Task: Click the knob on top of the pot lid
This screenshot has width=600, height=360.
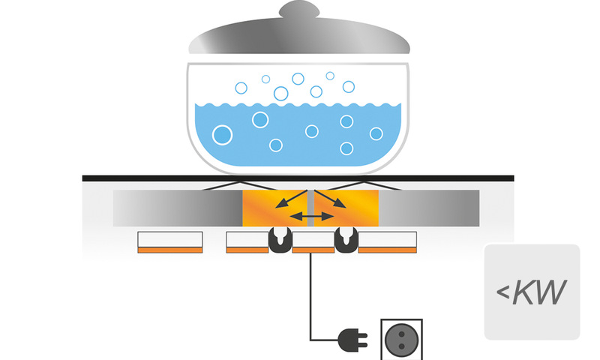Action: coord(298,11)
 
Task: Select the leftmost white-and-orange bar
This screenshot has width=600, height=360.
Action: coord(170,241)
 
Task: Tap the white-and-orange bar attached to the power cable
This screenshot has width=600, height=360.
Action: coord(313,241)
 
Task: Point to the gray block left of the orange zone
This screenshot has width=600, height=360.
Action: coord(177,208)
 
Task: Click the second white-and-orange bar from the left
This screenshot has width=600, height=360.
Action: coord(247,241)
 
